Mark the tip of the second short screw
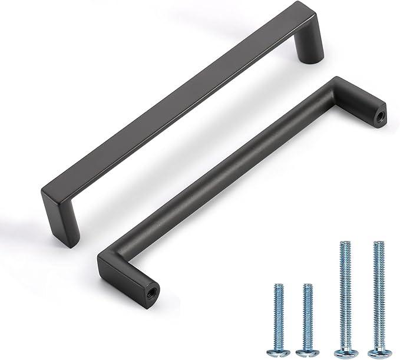coord(307,285)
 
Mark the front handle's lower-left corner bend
coord(109,259)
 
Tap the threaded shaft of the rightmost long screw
coord(378,295)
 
